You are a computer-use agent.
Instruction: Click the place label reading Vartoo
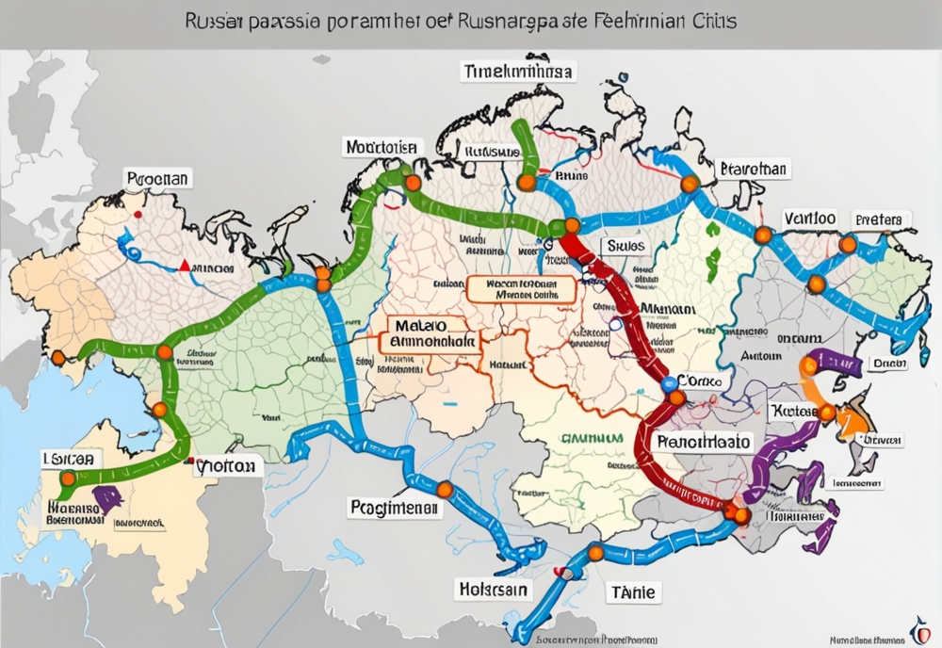click(809, 218)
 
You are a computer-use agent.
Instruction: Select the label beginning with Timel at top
click(519, 73)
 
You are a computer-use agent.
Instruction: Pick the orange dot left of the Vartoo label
click(763, 233)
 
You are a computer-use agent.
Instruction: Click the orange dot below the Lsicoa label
click(68, 478)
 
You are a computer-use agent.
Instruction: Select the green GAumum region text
click(591, 438)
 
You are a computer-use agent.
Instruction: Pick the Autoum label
click(761, 357)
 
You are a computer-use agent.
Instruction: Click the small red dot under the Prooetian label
click(138, 216)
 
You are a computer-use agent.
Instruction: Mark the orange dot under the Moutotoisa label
click(412, 183)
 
